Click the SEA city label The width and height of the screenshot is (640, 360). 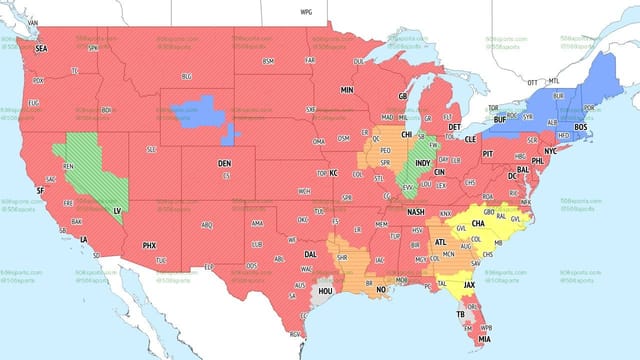(x=41, y=48)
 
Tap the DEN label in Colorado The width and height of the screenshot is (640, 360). (x=225, y=163)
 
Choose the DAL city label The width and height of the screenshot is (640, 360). (x=311, y=255)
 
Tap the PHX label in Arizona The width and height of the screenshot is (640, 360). (x=149, y=245)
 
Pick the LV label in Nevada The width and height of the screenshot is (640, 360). (x=116, y=211)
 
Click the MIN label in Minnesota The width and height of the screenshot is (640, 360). (x=347, y=90)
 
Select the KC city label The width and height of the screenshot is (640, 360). (x=334, y=173)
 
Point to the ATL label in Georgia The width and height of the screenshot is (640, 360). (x=441, y=242)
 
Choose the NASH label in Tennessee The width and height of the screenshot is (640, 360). (x=415, y=212)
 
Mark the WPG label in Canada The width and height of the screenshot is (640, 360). (x=306, y=11)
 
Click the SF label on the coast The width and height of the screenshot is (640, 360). (x=40, y=189)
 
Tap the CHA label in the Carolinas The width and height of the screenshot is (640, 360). (x=465, y=224)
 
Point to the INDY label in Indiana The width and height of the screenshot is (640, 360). (x=423, y=162)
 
